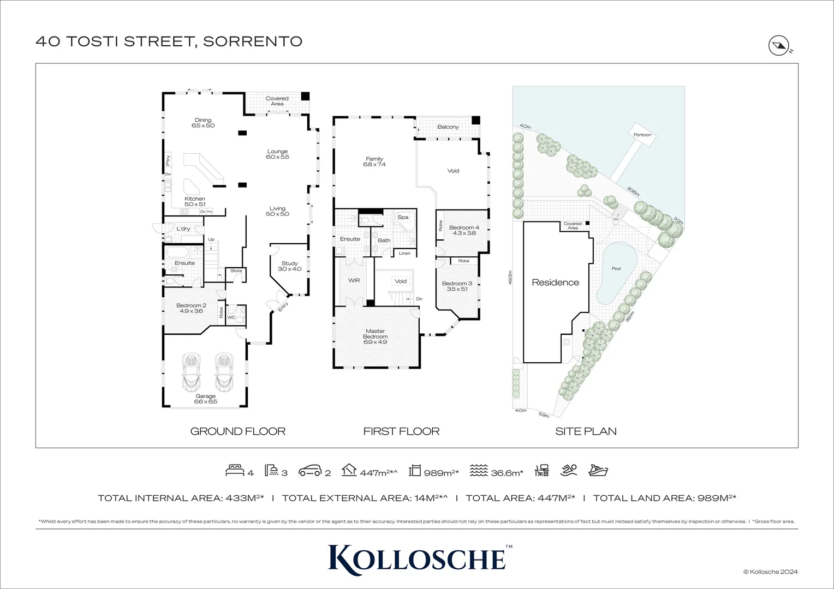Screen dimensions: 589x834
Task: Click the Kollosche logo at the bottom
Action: click(417, 557)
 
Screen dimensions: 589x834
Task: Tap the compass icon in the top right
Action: click(777, 45)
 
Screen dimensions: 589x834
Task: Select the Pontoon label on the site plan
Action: click(642, 135)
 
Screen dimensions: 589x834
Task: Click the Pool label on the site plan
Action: click(616, 268)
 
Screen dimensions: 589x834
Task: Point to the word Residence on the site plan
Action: click(555, 283)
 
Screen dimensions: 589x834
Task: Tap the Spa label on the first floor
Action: click(403, 217)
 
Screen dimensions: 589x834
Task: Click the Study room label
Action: click(290, 266)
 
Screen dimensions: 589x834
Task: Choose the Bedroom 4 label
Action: click(464, 230)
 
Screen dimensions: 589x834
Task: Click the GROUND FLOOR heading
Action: click(238, 431)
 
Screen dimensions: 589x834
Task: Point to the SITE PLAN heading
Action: click(586, 431)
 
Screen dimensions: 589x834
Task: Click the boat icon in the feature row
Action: click(598, 471)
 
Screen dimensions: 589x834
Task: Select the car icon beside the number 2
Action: click(309, 471)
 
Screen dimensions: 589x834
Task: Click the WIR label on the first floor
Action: click(354, 280)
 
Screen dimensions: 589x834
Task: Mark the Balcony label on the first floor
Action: click(448, 127)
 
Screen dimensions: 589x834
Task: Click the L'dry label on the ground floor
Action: click(183, 229)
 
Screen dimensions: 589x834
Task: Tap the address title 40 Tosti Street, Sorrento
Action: click(169, 41)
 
